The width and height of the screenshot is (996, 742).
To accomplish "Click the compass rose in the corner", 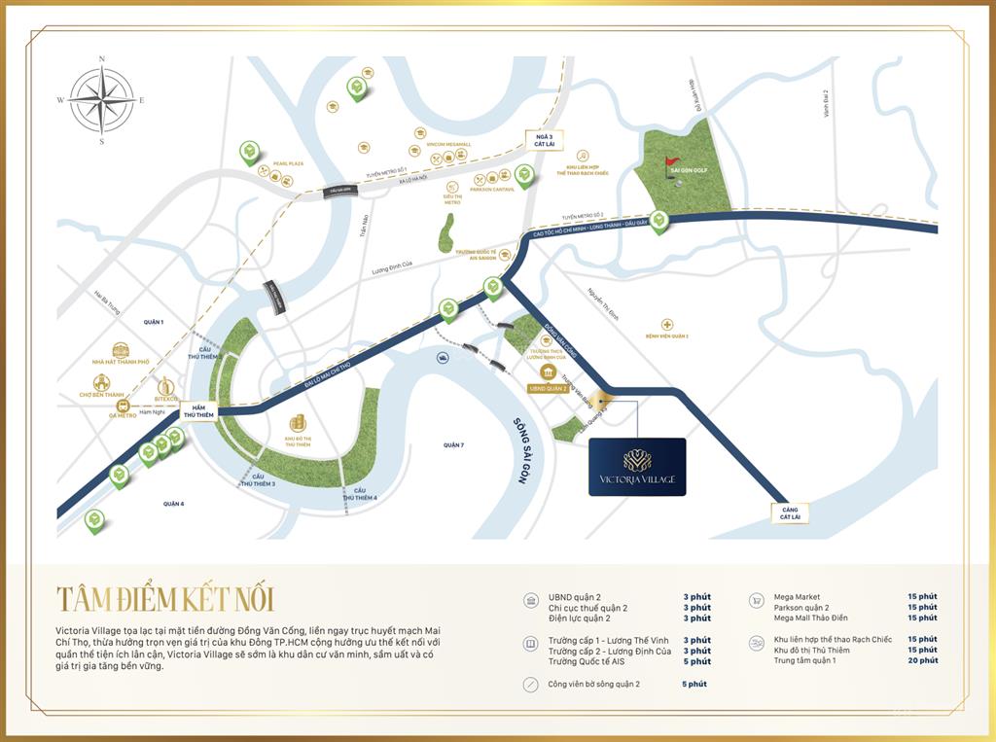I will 101,101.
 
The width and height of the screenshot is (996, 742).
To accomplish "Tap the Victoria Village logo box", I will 637,467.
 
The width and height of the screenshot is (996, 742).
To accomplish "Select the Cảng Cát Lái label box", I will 789,512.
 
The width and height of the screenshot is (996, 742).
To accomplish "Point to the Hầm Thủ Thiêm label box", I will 197,411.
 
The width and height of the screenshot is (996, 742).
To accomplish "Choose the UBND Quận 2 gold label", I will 548,388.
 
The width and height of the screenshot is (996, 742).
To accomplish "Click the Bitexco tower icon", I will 165,386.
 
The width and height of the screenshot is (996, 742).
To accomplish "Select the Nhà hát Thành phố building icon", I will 121,350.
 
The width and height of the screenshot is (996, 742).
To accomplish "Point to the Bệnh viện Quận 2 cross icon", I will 666,325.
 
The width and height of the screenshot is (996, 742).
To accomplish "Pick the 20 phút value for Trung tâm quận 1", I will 922,660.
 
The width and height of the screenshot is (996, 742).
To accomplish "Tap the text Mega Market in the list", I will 797,597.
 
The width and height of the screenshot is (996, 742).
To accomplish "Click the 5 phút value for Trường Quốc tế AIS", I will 696,661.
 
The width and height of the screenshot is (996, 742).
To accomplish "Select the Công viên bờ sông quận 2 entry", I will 593,684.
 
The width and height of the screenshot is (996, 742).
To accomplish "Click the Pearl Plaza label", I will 289,163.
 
